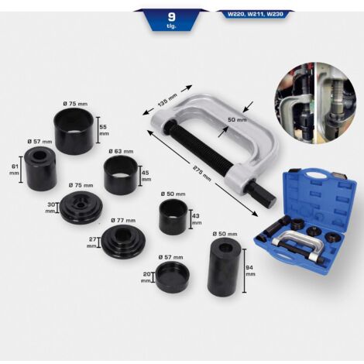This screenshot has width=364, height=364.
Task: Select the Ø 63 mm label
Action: coord(122,152)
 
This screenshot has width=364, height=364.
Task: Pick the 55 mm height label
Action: coord(104,129)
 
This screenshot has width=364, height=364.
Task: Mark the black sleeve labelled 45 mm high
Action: coord(121,175)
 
